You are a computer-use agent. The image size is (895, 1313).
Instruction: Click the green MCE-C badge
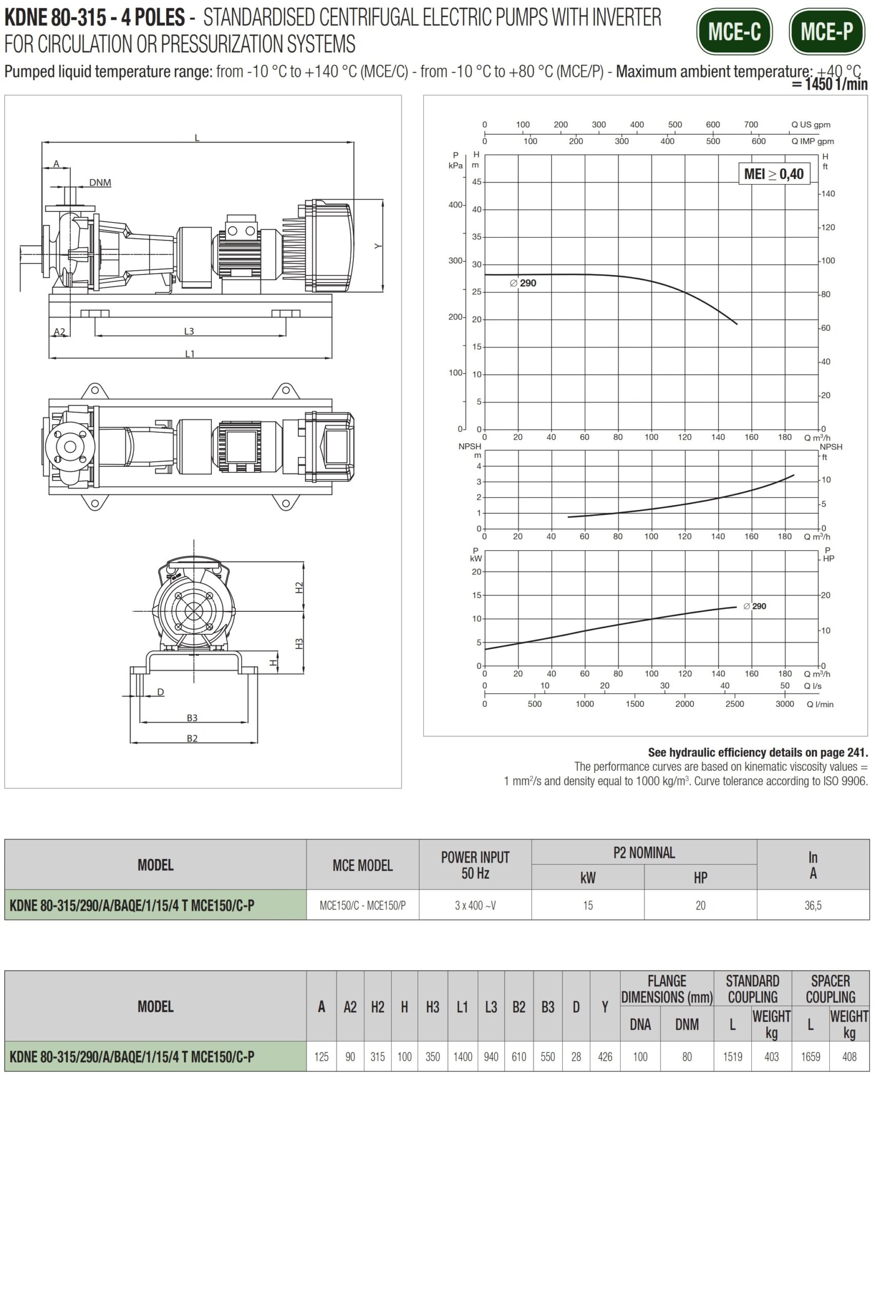734,32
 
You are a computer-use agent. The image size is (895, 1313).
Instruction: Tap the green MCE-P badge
827,32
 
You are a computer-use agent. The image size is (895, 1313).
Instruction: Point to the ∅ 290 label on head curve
523,283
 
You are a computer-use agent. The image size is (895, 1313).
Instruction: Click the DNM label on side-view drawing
100,183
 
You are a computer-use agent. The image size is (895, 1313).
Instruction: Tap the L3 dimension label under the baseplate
189,331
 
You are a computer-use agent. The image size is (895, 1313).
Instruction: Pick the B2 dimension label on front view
192,739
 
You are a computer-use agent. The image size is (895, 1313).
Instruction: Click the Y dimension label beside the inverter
377,246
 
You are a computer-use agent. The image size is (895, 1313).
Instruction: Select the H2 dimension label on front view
299,587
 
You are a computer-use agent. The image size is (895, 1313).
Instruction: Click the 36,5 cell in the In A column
812,906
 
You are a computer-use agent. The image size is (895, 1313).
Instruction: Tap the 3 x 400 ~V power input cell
475,906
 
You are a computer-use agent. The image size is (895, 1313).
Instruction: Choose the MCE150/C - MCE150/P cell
362,906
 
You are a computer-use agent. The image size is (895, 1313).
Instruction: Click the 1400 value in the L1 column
462,1057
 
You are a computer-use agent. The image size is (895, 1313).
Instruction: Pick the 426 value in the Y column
605,1057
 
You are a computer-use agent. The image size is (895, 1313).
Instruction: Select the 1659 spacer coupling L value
810,1057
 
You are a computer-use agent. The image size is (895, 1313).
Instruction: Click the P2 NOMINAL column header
644,852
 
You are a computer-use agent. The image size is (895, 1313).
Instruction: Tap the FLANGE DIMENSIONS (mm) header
667,989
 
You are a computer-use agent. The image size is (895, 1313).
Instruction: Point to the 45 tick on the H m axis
477,182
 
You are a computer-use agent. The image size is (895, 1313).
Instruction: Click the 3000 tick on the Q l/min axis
784,704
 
